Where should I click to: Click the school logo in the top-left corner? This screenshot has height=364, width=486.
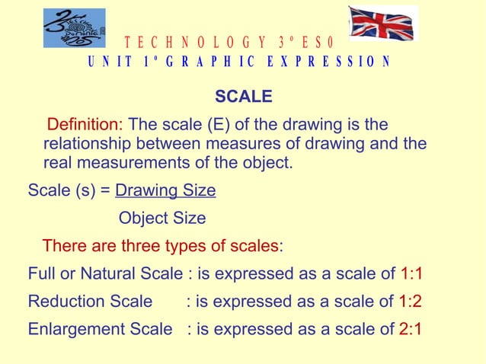74,28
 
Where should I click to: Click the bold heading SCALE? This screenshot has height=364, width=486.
243,97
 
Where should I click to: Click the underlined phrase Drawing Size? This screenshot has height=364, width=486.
165,190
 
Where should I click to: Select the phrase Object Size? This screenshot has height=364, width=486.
162,218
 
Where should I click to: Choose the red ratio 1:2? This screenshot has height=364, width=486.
410,301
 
